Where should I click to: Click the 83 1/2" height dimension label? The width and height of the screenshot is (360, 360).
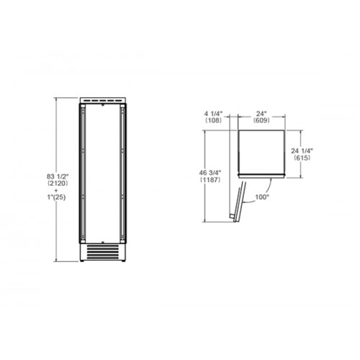point(58,176)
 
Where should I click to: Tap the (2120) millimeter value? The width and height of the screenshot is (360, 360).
point(58,184)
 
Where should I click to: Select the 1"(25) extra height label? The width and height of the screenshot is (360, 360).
point(56,197)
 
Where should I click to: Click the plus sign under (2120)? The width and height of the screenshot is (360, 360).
point(56,191)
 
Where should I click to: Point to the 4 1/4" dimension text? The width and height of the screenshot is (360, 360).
point(214,113)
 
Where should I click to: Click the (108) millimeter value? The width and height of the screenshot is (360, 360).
point(214,120)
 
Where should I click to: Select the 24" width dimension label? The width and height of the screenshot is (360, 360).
point(261,113)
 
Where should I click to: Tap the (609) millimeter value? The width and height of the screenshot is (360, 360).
point(261,120)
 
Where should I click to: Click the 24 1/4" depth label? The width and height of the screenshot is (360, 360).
point(302,150)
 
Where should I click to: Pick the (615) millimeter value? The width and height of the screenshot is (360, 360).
point(302,158)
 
